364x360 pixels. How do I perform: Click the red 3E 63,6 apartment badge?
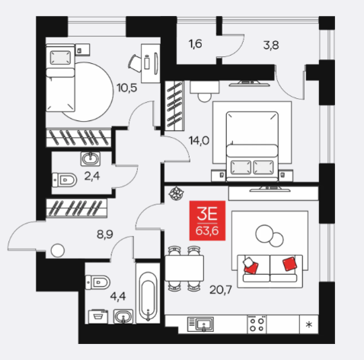(x=207, y=221)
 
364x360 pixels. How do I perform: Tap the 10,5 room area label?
(x=126, y=88)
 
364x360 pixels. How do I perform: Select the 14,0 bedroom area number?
(x=199, y=140)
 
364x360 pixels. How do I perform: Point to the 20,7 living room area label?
(x=221, y=289)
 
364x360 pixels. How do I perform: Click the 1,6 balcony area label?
(x=195, y=44)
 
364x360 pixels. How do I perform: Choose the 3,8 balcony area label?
(x=271, y=46)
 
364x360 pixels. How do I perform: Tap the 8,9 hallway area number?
(x=105, y=234)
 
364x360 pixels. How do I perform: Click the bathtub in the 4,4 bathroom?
(x=148, y=293)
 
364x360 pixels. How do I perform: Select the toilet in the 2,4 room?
(x=64, y=180)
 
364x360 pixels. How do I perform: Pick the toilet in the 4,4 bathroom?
(x=97, y=282)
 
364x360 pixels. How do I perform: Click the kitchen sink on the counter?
(x=200, y=324)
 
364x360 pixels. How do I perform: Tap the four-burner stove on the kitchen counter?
(x=257, y=324)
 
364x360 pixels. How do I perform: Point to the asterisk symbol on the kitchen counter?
(x=309, y=324)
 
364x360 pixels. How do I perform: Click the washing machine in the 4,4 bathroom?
(x=97, y=317)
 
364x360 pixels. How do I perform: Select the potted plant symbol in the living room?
(x=177, y=193)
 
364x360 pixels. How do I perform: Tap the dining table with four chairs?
(x=184, y=268)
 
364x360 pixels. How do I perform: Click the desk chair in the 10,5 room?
(x=135, y=62)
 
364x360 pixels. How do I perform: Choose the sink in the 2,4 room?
(x=91, y=159)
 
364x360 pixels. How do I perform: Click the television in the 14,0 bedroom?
(x=249, y=84)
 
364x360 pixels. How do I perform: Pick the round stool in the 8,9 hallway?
(x=58, y=250)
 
